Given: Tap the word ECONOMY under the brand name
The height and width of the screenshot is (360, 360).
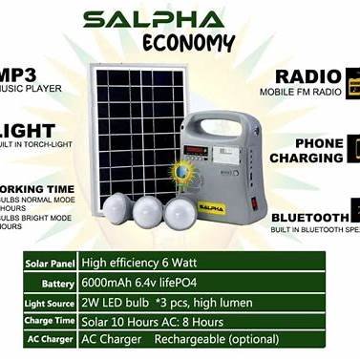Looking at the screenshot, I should (x=188, y=43).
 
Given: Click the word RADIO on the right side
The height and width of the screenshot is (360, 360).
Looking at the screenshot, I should (x=308, y=76).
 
